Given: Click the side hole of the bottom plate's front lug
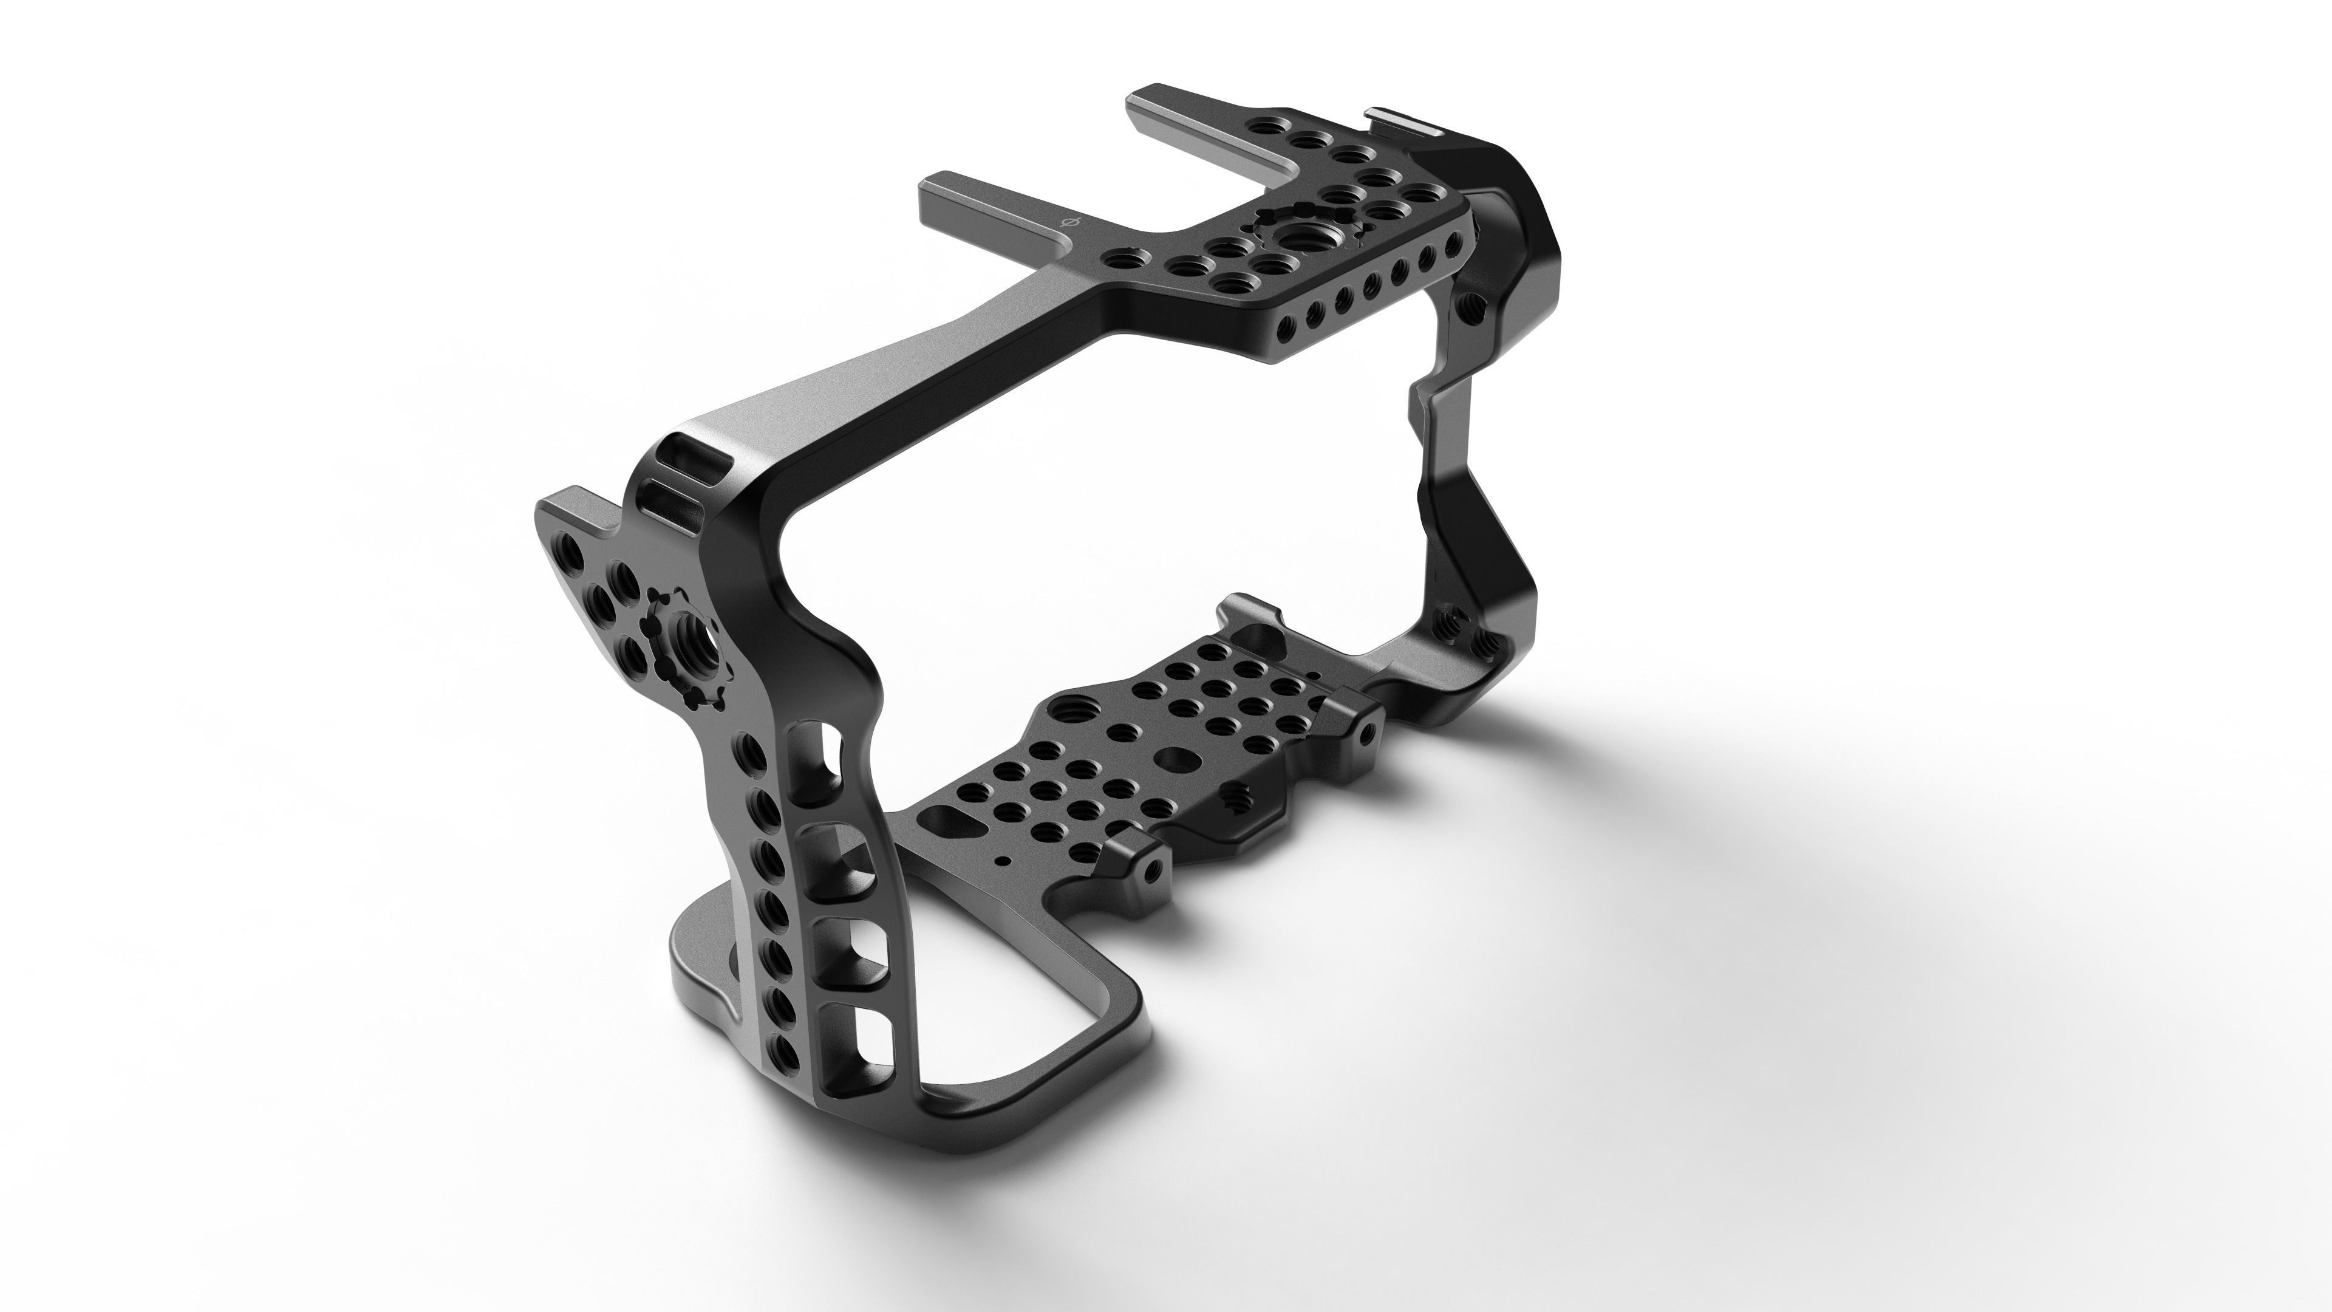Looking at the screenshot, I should tap(1153, 897).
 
